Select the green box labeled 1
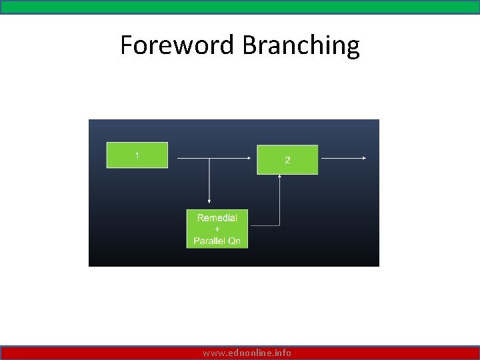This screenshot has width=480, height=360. (137, 155)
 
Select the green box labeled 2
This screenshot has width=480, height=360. (287, 160)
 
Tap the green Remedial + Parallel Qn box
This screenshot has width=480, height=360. (217, 229)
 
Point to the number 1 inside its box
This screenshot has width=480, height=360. (137, 155)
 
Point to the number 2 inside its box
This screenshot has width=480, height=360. (287, 161)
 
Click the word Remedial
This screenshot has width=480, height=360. (217, 218)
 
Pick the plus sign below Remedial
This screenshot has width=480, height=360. (217, 229)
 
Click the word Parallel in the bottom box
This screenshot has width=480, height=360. (209, 241)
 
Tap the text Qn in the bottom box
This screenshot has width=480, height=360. (234, 241)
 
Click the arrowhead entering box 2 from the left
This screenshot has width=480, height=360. (253, 159)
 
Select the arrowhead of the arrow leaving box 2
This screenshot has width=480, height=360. (364, 159)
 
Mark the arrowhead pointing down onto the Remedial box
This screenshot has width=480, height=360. (209, 200)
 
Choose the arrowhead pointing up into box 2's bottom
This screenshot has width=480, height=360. (280, 177)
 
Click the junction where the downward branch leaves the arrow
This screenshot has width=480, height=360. (209, 159)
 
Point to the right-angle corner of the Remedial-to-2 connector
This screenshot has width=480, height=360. (280, 225)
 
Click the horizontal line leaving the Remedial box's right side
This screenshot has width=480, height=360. (264, 225)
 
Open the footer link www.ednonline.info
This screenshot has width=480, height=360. (247, 353)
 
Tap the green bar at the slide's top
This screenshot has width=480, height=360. (240, 7)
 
